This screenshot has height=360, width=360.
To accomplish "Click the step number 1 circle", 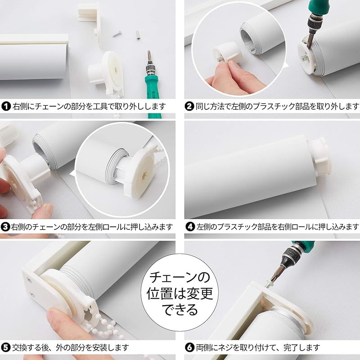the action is (6, 106).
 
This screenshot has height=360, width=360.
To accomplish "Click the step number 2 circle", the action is (189, 106).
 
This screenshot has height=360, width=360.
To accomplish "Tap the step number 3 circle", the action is (5, 227).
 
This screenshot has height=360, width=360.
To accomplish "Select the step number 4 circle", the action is (190, 227).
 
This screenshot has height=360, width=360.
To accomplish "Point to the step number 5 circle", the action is (6, 347).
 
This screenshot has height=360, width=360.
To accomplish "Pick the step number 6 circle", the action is (189, 347).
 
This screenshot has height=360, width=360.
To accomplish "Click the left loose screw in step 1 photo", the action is (117, 34).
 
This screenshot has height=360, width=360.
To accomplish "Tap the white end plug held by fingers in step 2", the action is (228, 54).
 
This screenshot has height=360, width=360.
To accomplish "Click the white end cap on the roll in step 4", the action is (320, 156).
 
